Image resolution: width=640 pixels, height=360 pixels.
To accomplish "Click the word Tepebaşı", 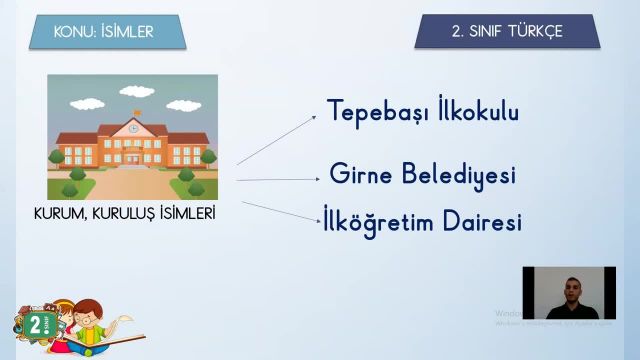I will [x=367, y=112].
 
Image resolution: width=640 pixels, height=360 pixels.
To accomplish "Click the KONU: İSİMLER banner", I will [x=104, y=32].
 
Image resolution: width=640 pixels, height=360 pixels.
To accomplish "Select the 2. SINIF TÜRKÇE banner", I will [x=506, y=32].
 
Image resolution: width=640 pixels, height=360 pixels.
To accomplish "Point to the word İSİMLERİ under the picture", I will [x=187, y=213].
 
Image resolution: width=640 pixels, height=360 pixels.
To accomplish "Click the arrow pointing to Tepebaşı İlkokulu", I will [x=276, y=138].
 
